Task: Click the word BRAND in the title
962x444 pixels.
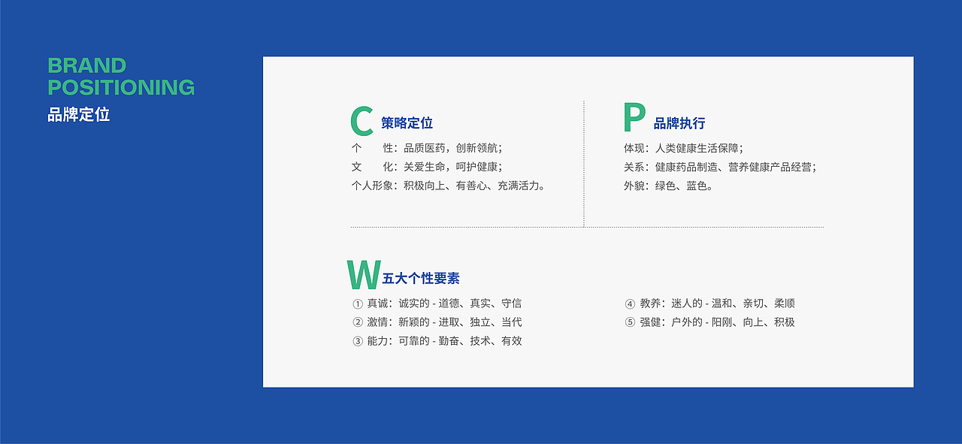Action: [x=86, y=65]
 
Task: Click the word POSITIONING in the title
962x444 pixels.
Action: [x=121, y=87]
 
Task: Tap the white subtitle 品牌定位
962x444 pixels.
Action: [x=79, y=115]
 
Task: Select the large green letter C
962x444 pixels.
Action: [x=362, y=122]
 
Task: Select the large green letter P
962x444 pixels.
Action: [x=634, y=119]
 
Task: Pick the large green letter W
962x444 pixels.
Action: [x=363, y=275]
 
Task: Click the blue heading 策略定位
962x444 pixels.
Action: [x=407, y=123]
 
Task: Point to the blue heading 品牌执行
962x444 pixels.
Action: [x=679, y=123]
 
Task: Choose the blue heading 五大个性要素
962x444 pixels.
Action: [x=421, y=278]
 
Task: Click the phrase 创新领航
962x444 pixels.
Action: [x=477, y=148]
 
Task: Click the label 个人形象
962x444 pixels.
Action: [x=373, y=186]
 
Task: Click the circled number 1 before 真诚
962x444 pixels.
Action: [x=358, y=304]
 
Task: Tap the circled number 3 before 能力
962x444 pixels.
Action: [x=358, y=342]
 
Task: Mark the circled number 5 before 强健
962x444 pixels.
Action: [x=630, y=323]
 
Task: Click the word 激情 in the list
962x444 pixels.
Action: [x=378, y=322]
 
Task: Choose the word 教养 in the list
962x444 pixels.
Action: [x=651, y=304]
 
